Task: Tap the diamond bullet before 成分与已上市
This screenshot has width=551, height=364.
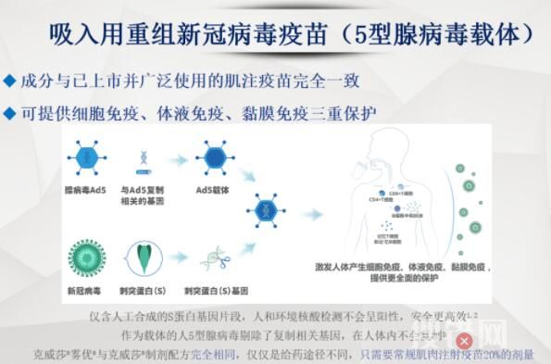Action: tap(9, 82)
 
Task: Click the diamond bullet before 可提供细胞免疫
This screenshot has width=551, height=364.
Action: tap(9, 114)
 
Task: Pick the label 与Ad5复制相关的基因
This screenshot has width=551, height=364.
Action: tap(147, 195)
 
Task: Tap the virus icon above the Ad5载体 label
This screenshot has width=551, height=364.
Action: tap(212, 155)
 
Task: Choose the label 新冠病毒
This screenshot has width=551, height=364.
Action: tap(85, 290)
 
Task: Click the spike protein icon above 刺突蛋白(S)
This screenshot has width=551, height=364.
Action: tap(146, 253)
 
